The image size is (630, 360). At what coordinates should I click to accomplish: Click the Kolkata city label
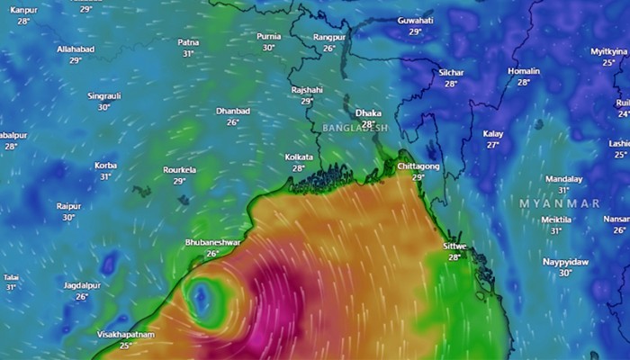tap(299, 157)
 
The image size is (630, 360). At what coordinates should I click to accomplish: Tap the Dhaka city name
tap(368, 112)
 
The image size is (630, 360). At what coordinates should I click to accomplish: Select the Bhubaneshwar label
tap(212, 242)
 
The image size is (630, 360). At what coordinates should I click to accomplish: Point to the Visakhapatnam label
tap(125, 334)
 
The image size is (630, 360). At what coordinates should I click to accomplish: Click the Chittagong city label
tap(418, 166)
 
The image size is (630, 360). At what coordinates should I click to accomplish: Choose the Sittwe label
tap(454, 246)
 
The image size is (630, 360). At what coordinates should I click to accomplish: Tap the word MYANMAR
tap(559, 204)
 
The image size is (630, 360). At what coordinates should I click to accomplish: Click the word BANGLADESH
tap(355, 128)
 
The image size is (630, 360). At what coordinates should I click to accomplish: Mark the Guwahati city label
tap(415, 20)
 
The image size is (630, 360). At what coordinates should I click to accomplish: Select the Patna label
tap(188, 42)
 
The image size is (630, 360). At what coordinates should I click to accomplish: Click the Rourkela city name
tap(179, 169)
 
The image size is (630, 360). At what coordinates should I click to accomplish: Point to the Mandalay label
tap(563, 179)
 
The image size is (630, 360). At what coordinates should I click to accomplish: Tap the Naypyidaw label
tap(565, 262)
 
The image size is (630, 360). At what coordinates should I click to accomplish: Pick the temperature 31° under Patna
tap(188, 54)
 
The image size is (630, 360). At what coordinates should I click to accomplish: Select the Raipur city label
tap(68, 206)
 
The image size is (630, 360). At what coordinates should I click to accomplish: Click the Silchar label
tap(451, 72)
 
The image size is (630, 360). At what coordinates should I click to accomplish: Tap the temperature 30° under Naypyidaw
tap(565, 274)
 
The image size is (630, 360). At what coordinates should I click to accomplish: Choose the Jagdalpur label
tap(82, 285)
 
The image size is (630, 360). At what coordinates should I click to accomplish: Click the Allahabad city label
tap(75, 49)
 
